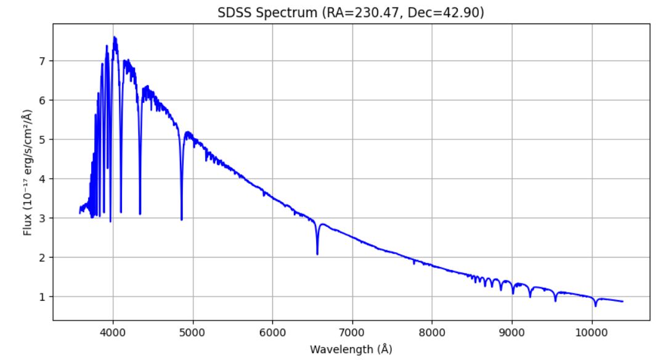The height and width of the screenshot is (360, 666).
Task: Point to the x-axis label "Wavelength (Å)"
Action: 351,349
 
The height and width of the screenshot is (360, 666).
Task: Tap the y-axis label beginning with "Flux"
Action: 28,173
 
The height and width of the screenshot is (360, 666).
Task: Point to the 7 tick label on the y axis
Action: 43,61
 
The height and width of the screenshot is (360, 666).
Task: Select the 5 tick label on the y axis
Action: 43,139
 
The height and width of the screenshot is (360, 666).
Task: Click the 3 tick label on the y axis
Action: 43,218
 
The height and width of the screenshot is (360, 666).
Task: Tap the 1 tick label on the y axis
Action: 43,297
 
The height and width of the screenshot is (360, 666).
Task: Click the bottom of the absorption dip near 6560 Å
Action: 317,254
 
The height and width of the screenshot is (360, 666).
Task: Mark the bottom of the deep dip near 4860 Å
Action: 182,219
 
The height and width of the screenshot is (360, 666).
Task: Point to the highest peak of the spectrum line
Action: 114,37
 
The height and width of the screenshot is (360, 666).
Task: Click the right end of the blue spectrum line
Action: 622,301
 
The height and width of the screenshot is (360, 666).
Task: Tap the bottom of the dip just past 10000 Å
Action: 595,306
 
